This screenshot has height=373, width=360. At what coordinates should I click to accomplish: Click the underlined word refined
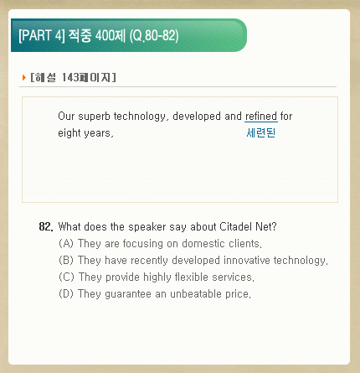pyautogui.click(x=261, y=116)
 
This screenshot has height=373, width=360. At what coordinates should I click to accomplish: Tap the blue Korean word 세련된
pyautogui.click(x=261, y=132)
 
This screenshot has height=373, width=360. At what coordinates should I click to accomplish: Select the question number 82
pyautogui.click(x=46, y=226)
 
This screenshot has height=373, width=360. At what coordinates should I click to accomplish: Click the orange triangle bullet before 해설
pyautogui.click(x=24, y=77)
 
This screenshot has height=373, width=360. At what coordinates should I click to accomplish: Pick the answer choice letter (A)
pyautogui.click(x=66, y=244)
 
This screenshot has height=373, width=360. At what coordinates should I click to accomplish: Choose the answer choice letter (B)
pyautogui.click(x=66, y=261)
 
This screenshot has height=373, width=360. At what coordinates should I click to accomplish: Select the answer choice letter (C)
pyautogui.click(x=66, y=277)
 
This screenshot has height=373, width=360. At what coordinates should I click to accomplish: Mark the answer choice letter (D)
pyautogui.click(x=66, y=294)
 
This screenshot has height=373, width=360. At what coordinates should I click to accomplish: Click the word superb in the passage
pyautogui.click(x=94, y=117)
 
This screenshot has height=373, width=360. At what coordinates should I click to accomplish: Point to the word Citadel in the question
pyautogui.click(x=235, y=226)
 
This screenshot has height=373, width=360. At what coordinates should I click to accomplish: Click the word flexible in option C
pyautogui.click(x=192, y=277)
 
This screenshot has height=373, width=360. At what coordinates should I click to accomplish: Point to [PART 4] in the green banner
pyautogui.click(x=42, y=35)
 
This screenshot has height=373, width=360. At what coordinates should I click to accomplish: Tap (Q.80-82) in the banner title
pyautogui.click(x=154, y=35)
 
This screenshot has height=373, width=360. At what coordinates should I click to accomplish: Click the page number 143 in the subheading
pyautogui.click(x=70, y=77)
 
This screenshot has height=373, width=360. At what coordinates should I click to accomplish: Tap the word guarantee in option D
pyautogui.click(x=128, y=294)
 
